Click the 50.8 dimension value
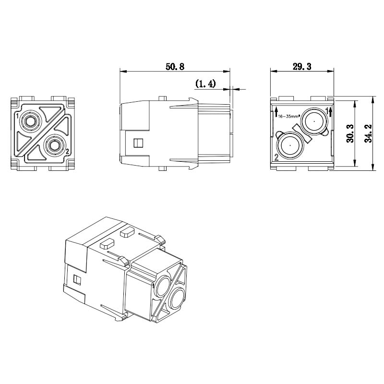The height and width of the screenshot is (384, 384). coord(175,66)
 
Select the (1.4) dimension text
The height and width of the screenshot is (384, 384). coord(205,84)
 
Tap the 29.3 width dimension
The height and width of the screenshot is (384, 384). coord(302,66)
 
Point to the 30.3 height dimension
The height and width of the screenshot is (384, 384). coord(350,133)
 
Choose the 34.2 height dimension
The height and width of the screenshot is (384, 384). coord(368,133)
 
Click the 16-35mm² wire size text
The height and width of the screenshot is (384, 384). coord(289,116)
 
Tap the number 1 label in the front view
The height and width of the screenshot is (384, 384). coord(17,115)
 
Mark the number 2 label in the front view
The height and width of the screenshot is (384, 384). coord(67,152)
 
